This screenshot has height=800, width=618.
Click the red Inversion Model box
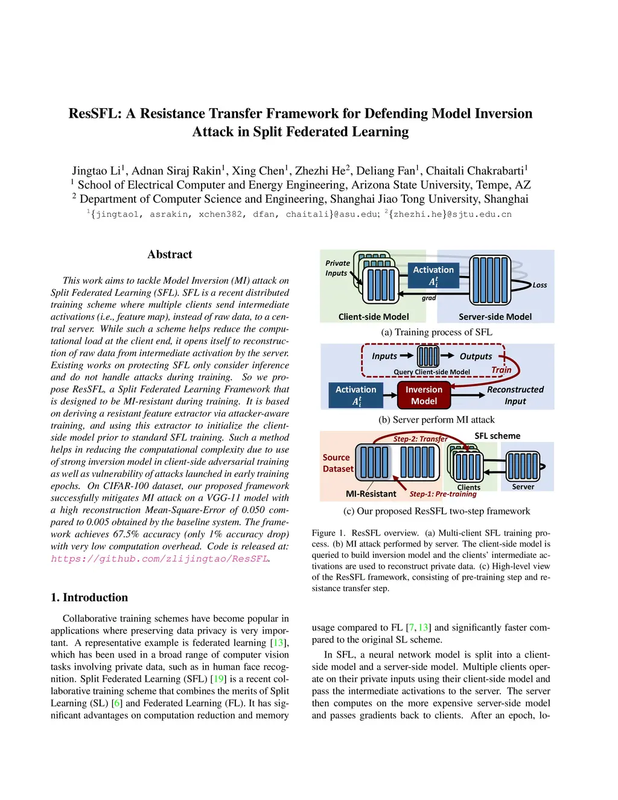[424, 395]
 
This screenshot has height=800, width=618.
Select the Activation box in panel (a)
[433, 275]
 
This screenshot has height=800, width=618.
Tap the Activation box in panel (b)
[355, 395]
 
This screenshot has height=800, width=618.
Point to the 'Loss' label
[540, 285]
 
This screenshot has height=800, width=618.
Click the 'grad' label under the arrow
[428, 298]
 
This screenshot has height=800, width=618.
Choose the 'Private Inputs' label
[337, 268]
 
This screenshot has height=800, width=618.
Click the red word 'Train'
[501, 370]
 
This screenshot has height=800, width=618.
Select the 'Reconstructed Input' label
[515, 395]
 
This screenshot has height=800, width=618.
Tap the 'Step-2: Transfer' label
[420, 439]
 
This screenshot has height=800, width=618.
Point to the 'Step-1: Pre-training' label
[443, 494]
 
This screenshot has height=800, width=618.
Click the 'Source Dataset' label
[337, 463]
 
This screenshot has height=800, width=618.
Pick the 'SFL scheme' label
[497, 436]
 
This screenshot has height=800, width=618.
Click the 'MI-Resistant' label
[371, 494]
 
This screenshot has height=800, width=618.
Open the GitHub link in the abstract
[159, 558]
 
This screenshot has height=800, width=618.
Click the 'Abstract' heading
[170, 255]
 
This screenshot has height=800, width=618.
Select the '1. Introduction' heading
[89, 598]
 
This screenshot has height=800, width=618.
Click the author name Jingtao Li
[97, 171]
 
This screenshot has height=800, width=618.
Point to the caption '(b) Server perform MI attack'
[436, 420]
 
